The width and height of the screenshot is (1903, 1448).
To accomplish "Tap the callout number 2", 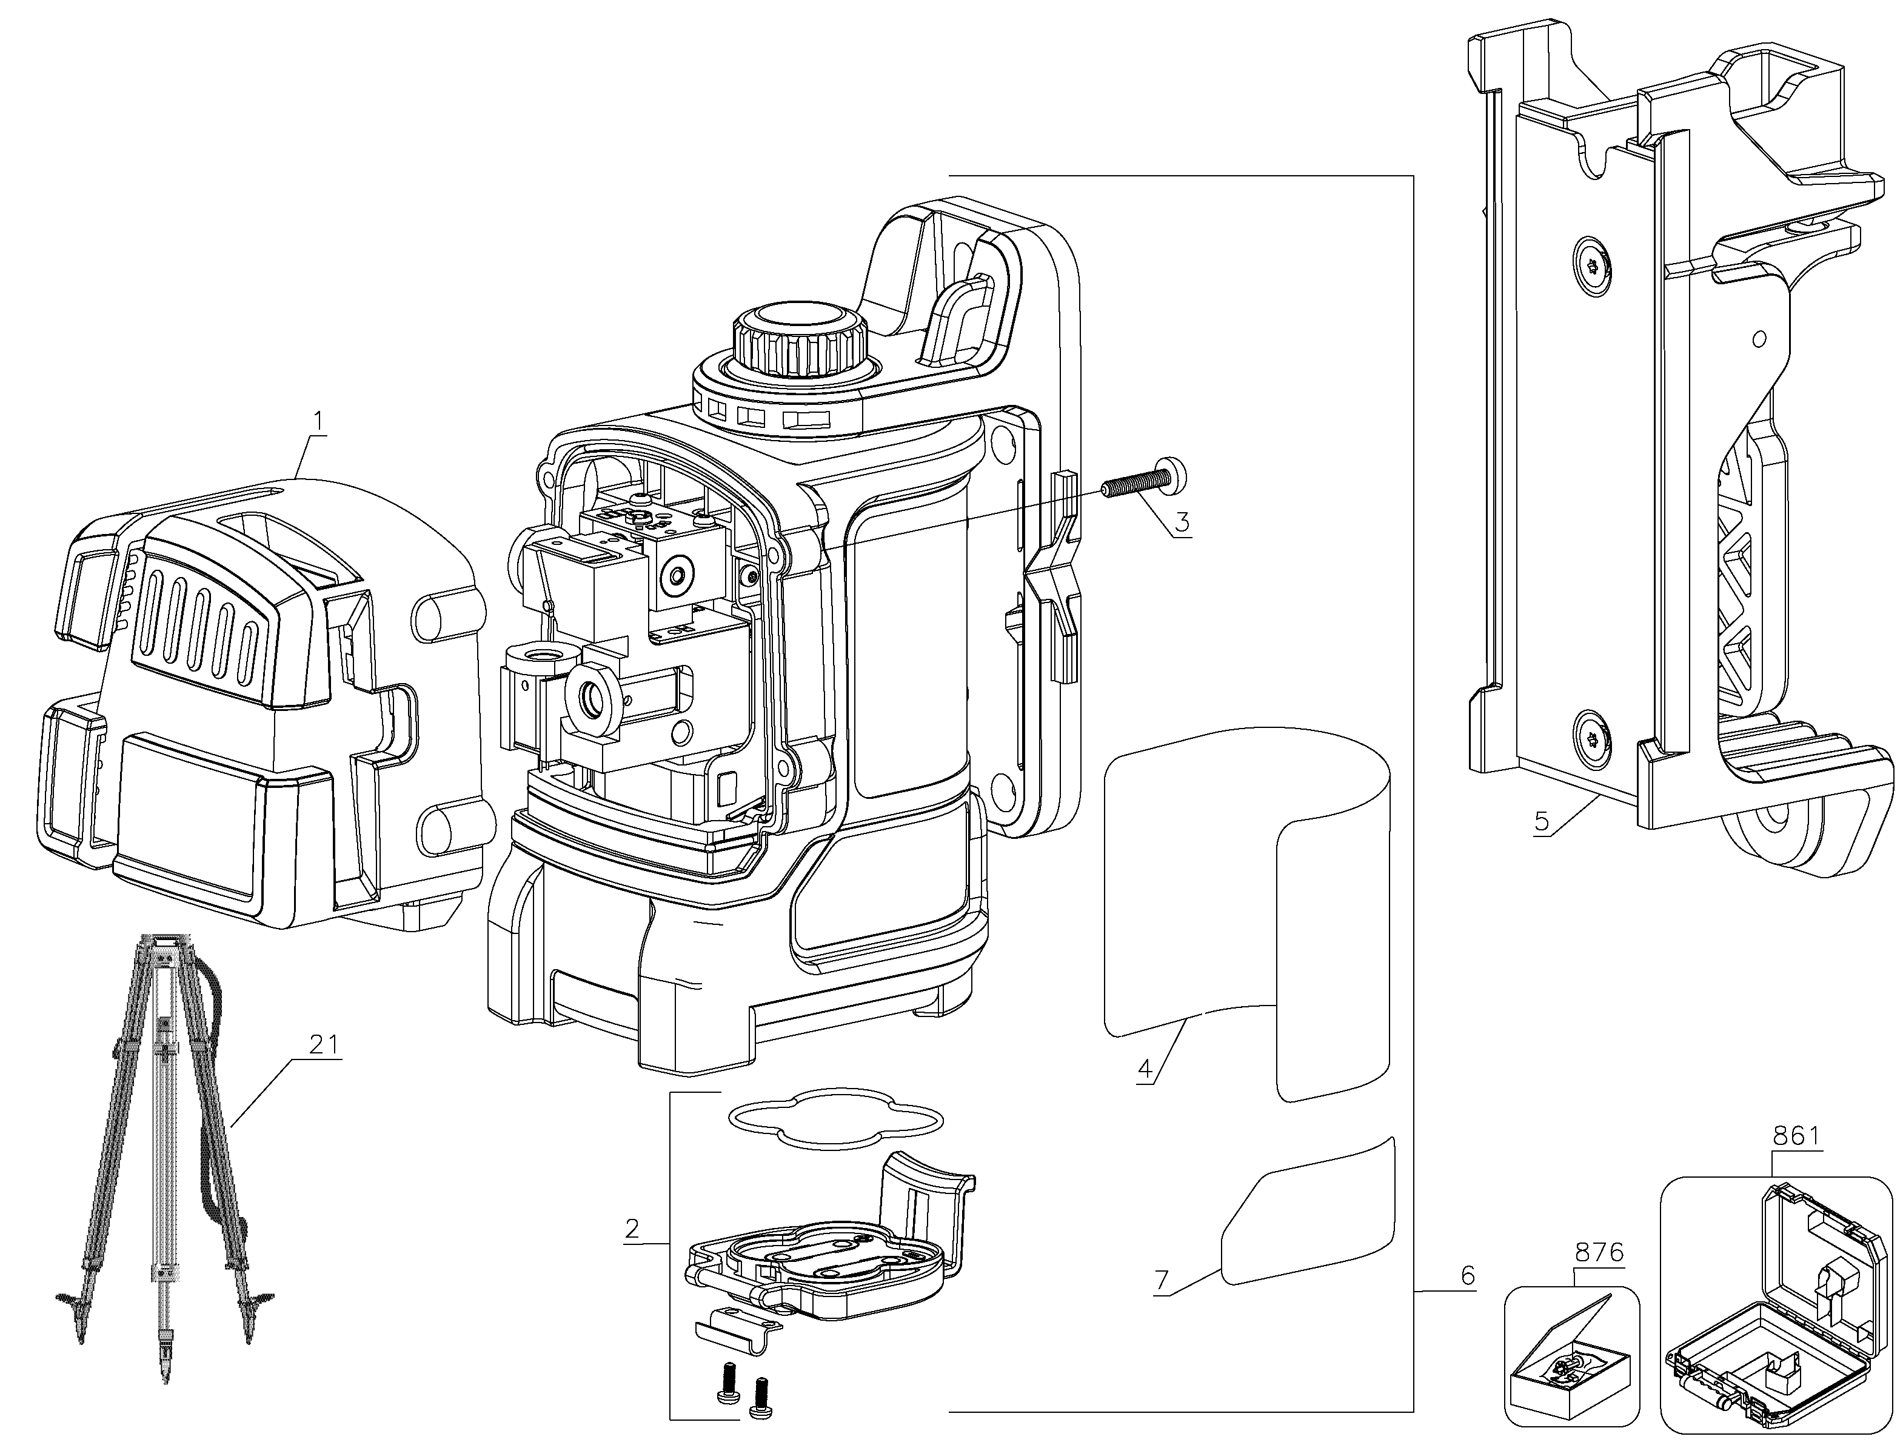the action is [x=632, y=1228].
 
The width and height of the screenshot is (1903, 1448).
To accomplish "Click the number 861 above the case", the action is [x=1796, y=1137].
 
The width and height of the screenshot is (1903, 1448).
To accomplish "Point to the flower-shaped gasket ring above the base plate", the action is [x=835, y=1119].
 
